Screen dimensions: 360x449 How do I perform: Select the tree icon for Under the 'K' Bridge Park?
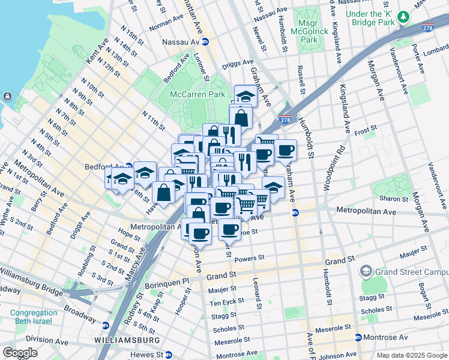point(404,16)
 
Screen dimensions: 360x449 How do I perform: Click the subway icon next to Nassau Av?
point(205,42)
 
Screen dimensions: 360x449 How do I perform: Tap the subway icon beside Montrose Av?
point(358,337)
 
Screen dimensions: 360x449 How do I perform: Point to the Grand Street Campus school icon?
point(366,271)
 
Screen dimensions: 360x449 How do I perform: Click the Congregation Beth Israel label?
point(34,317)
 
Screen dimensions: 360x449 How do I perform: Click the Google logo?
point(20,353)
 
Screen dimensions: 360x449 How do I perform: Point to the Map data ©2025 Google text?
point(411,355)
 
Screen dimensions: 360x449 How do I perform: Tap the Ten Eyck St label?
point(228,301)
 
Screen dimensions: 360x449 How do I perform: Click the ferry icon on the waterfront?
point(7,96)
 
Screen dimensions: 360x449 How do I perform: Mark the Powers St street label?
point(249,258)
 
